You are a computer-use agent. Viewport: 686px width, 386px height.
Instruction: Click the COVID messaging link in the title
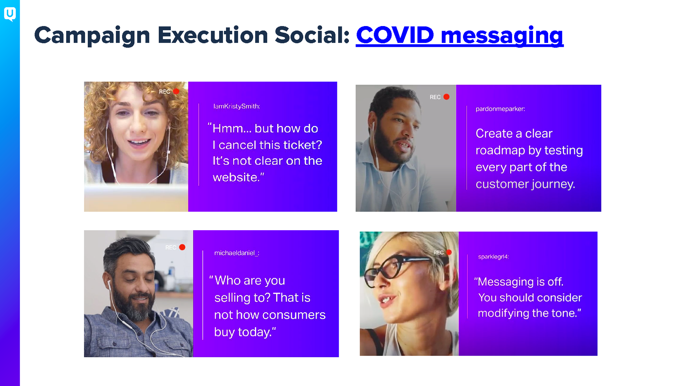point(459,35)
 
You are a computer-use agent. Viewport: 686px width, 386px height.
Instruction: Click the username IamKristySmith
point(236,106)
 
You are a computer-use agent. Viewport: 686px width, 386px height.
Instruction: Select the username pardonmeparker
point(500,109)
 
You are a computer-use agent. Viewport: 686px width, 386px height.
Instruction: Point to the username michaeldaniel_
point(236,253)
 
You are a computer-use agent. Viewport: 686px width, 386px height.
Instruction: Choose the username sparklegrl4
point(493,257)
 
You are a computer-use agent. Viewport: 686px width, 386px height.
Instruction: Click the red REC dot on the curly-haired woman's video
point(176,91)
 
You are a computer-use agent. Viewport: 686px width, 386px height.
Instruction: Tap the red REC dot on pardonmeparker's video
point(447,97)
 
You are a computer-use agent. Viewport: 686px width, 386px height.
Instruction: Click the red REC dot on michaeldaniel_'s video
point(182,247)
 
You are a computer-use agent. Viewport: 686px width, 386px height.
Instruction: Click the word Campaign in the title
point(92,35)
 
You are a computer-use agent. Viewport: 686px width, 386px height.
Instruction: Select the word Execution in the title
point(213,35)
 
